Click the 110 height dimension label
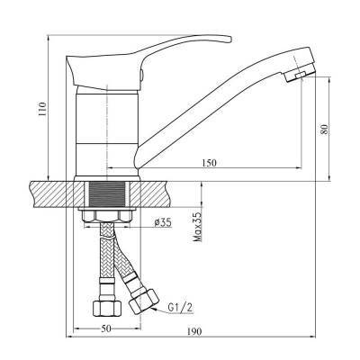[x=43, y=109]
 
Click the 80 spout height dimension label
[x=324, y=130]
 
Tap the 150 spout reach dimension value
[x=209, y=163]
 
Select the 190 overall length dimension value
[x=194, y=332]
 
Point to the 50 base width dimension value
[x=106, y=328]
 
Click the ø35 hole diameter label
[x=162, y=222]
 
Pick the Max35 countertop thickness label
[x=197, y=227]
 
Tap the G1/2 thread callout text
[x=181, y=307]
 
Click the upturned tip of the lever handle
[x=229, y=39]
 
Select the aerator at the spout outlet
[x=300, y=74]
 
